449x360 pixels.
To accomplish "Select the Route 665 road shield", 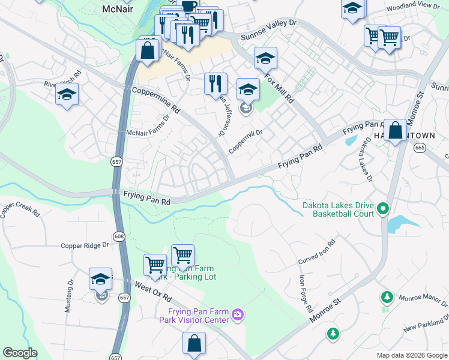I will coord(420,147).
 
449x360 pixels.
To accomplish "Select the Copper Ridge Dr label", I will coord(85,245).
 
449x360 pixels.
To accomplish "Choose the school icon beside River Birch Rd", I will coord(67,95).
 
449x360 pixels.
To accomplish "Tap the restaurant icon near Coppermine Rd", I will coord(215,83).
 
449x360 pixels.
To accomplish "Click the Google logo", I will coord(20,353).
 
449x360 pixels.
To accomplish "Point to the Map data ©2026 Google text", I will coord(411,355).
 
